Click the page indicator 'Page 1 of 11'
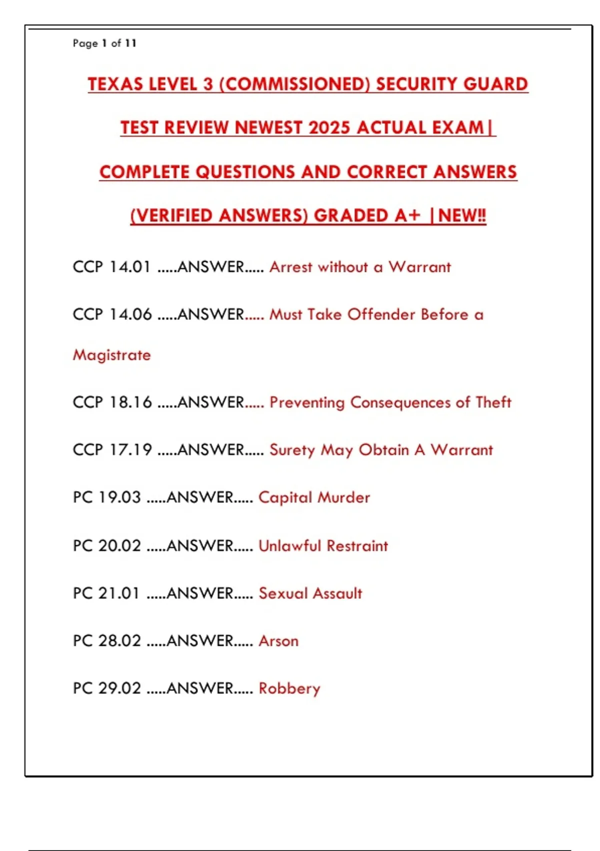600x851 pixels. pos(104,44)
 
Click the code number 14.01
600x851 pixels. pos(129,267)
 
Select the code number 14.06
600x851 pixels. pos(130,314)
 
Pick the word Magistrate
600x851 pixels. pos(111,355)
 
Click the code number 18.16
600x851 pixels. pos(130,402)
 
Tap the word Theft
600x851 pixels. pos(493,402)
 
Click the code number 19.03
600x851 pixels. pos(119,498)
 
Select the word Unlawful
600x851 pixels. pos(289,546)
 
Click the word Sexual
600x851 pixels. pos(282,593)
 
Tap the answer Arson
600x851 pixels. pos(278,641)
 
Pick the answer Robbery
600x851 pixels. pos(289,689)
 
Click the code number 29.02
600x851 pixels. pos(119,688)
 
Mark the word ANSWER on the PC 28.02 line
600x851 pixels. pos(200,641)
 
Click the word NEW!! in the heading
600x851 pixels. pos(462,216)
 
